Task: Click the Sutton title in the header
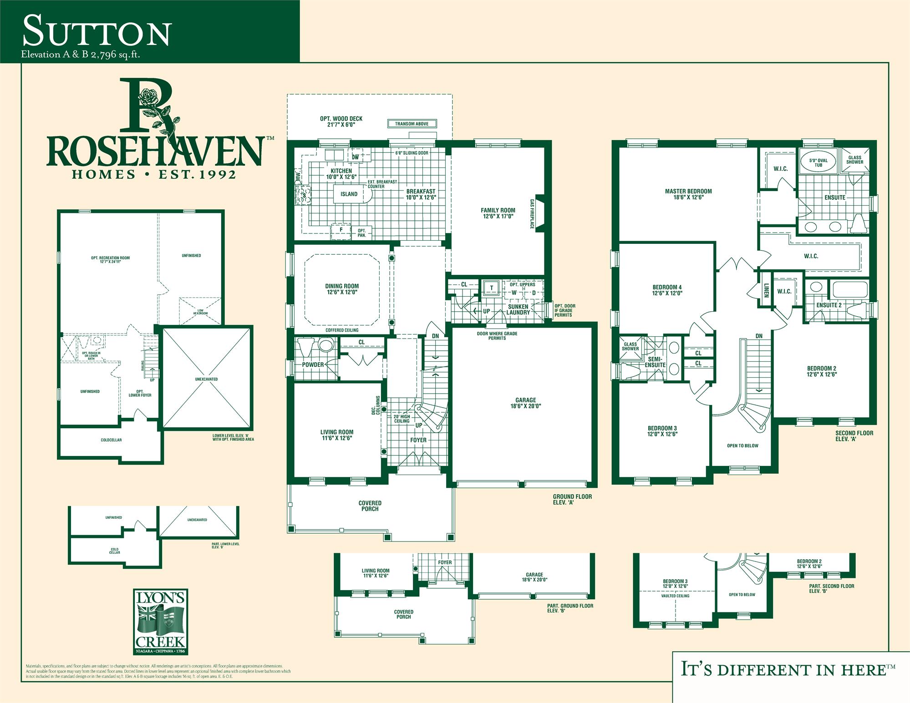(97, 31)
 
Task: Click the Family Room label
(498, 213)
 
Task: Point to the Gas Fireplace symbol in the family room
(539, 213)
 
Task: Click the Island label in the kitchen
(349, 194)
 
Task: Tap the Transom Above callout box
(412, 124)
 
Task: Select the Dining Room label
(342, 289)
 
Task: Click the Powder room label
(313, 364)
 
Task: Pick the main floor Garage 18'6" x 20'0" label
(525, 403)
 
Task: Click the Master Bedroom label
(688, 194)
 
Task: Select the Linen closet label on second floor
(766, 290)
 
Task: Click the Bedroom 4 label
(667, 290)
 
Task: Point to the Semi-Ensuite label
(655, 362)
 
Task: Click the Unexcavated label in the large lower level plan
(206, 379)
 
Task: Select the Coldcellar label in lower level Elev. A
(111, 440)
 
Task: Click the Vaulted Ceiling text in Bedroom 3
(675, 596)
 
